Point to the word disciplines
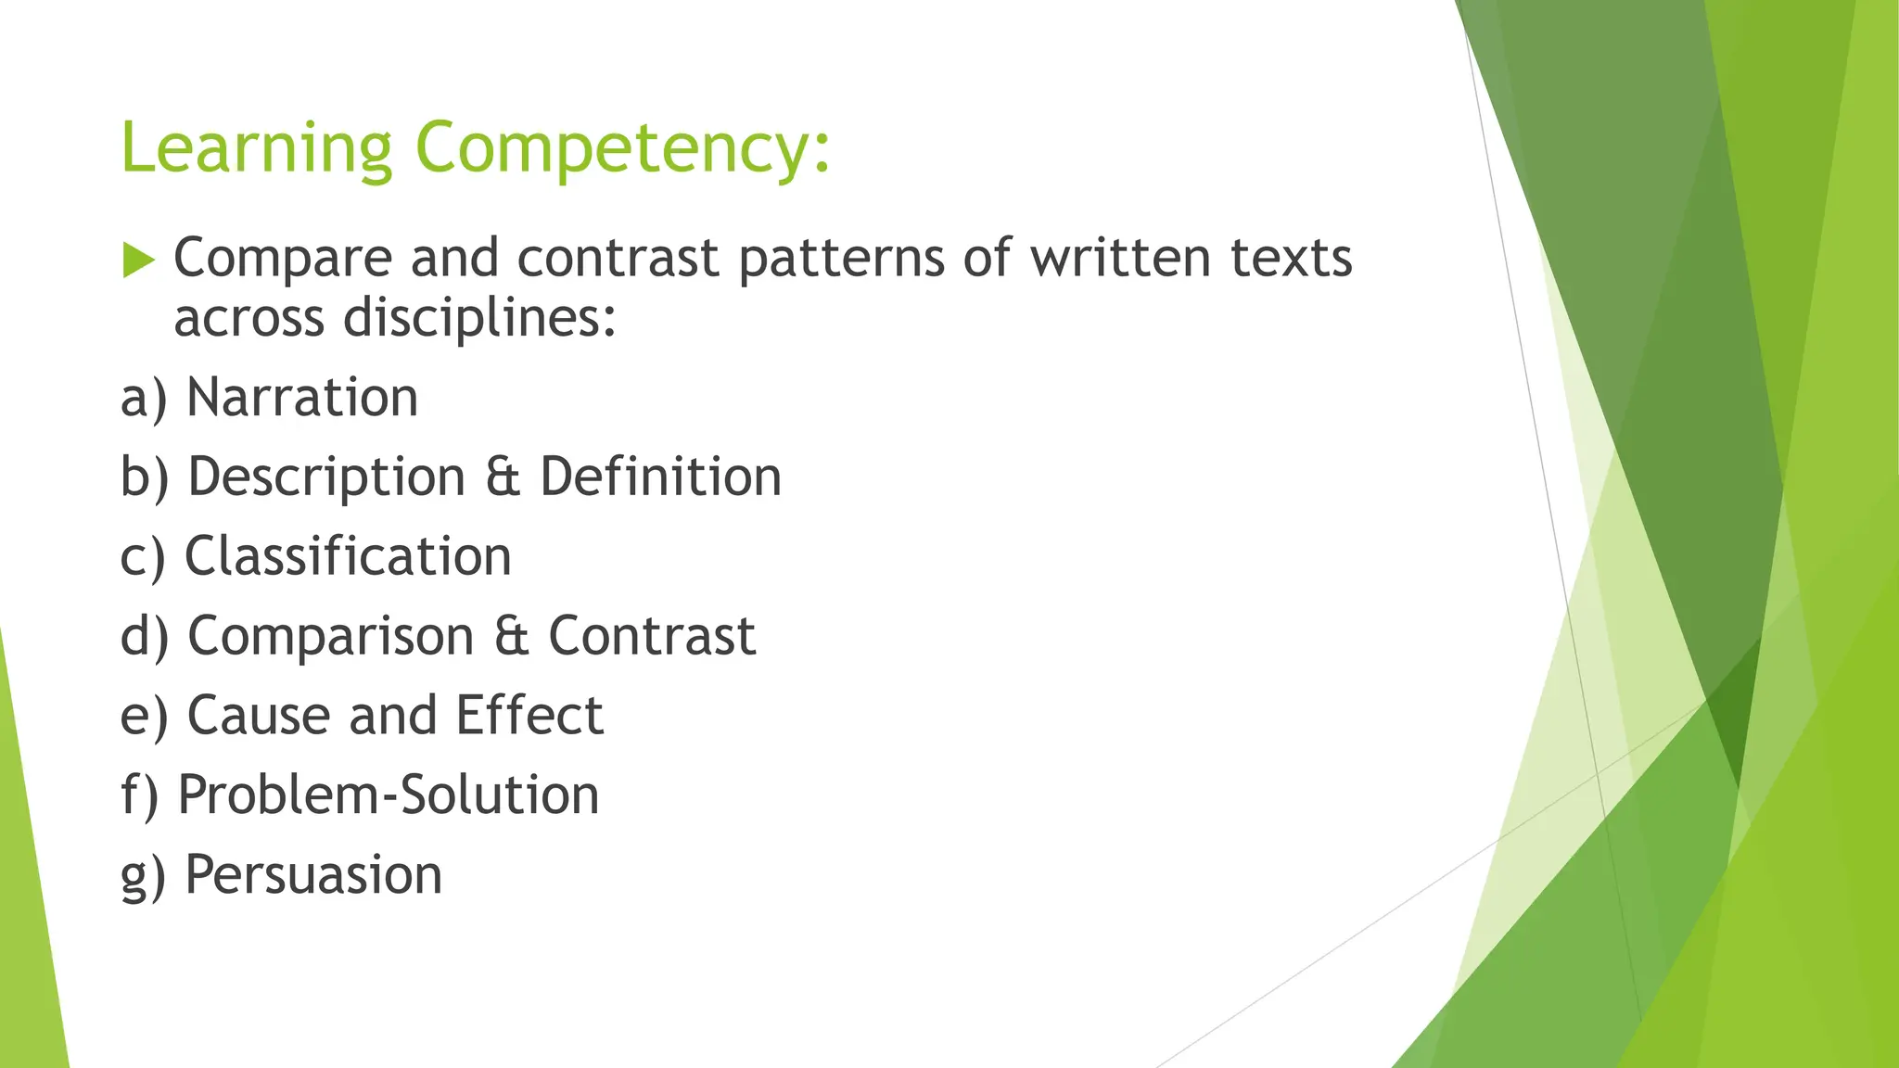(478, 319)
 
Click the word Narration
(302, 398)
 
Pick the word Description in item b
(326, 477)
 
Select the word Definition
(661, 477)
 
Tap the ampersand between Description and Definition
(503, 477)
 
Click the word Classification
(348, 556)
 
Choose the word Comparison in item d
(331, 637)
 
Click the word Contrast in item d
(652, 637)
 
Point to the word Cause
(259, 716)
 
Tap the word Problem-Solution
(389, 795)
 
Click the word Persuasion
(313, 874)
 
